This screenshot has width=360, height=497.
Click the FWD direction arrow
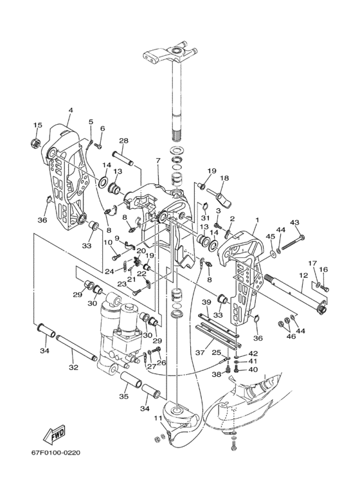coord(55,433)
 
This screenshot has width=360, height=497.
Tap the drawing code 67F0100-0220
coord(56,453)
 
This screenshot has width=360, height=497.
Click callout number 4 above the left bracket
coord(71,110)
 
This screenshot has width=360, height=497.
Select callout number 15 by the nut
coord(37,125)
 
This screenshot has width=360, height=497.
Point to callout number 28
coord(123,140)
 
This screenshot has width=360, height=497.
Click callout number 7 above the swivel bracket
coord(158,161)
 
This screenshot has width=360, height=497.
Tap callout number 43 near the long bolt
coord(294,223)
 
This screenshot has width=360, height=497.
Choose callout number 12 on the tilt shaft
coord(303,275)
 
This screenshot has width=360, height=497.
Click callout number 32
coord(73,367)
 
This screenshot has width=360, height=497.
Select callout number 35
coord(124,396)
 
